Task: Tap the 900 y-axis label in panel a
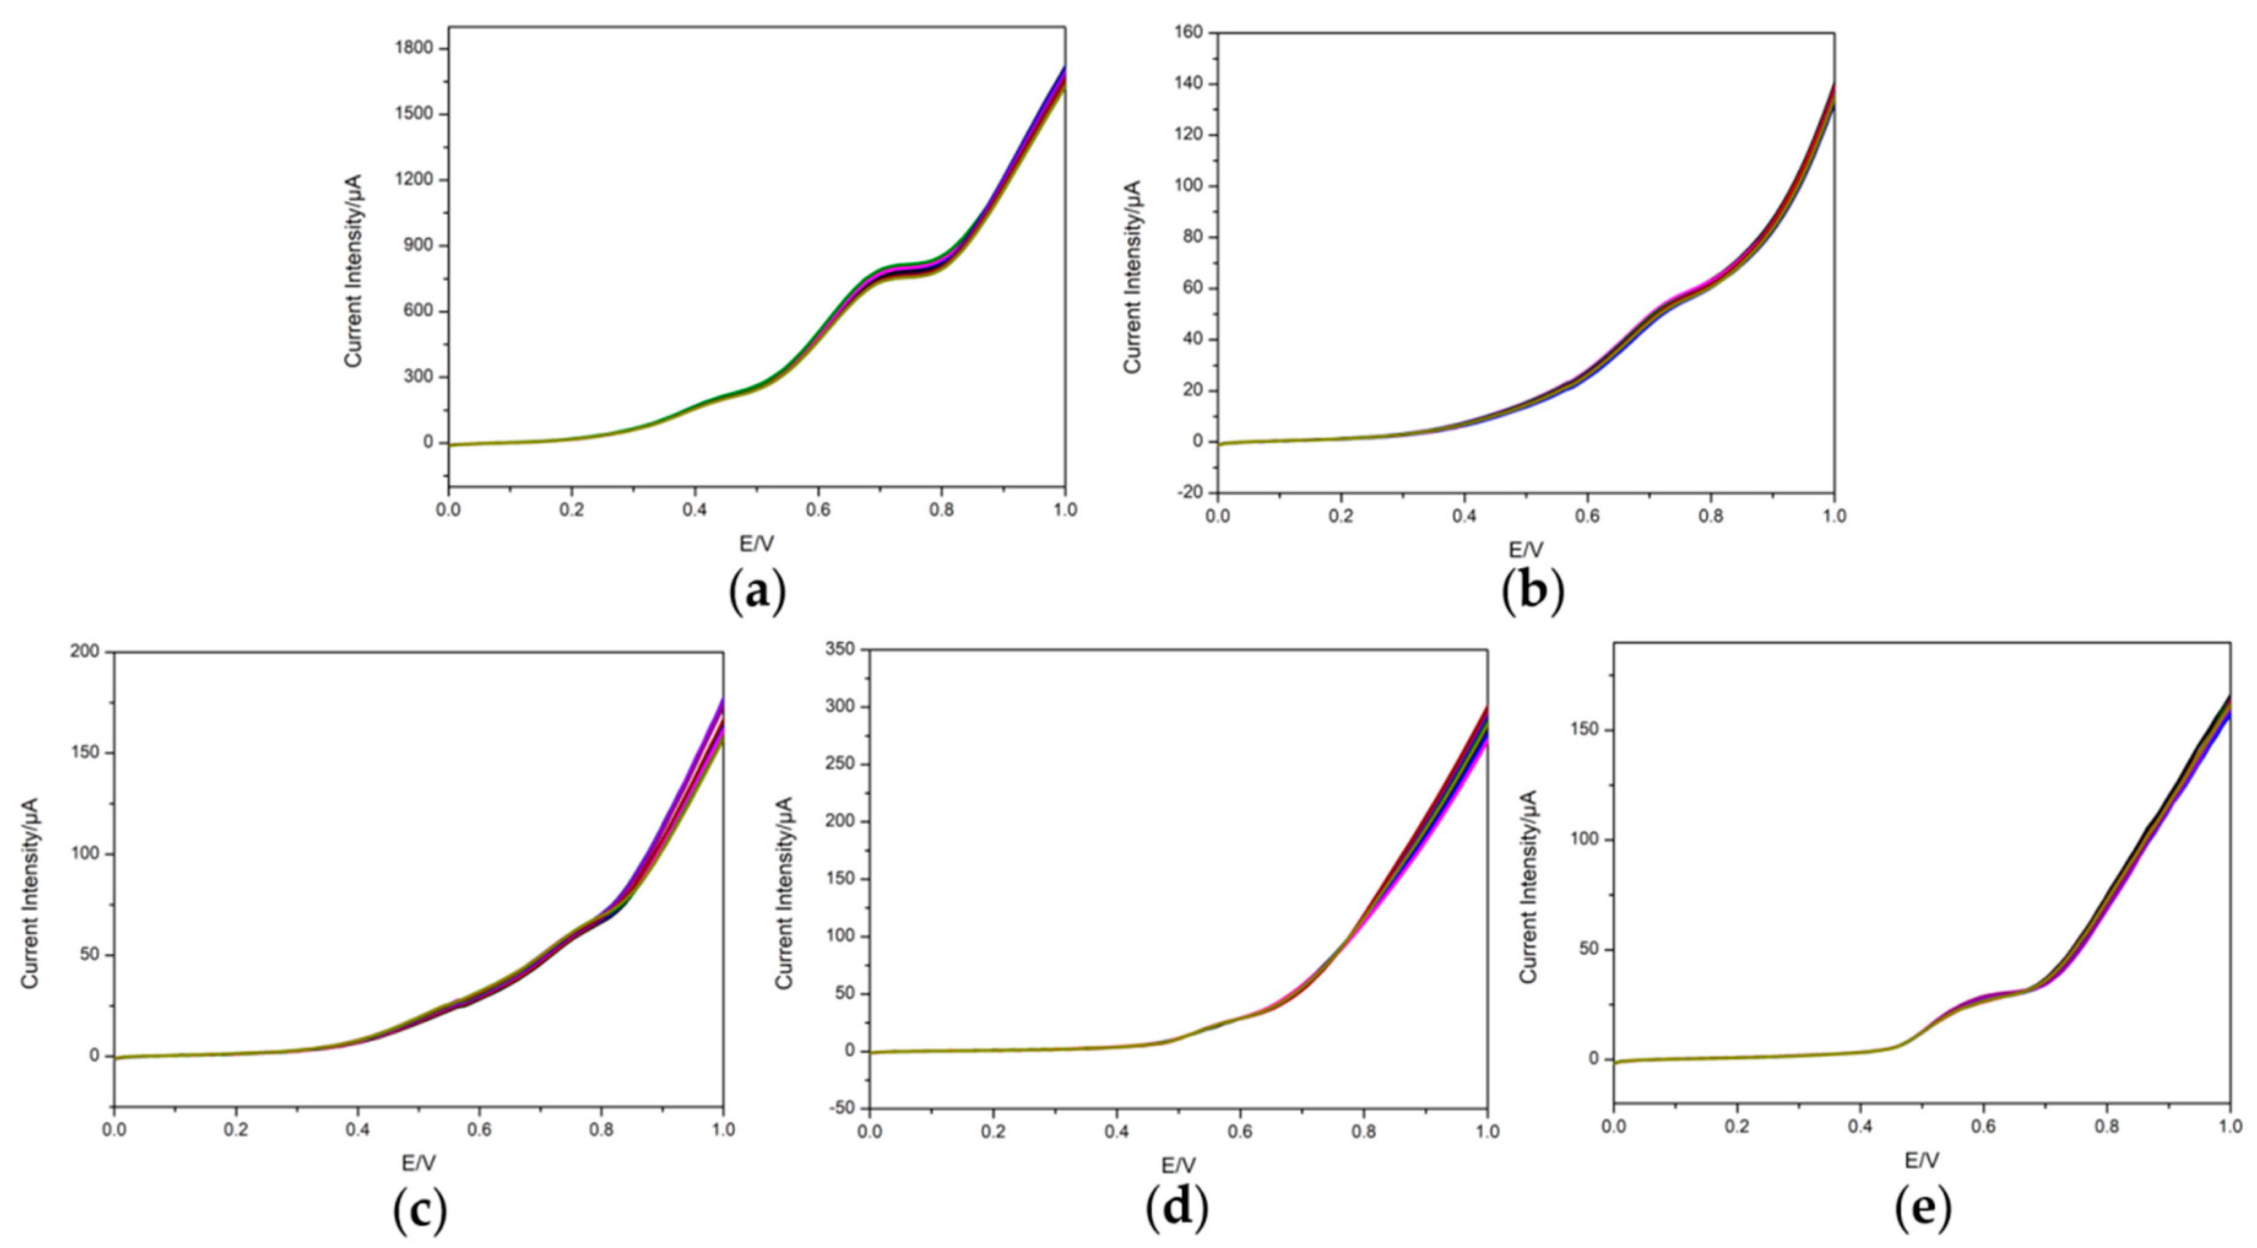(419, 245)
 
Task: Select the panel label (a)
(757, 593)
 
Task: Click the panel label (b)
(1531, 593)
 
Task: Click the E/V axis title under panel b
(1525, 549)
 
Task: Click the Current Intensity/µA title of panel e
(1528, 885)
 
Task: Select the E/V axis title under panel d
(1178, 1166)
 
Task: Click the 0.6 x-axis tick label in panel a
(818, 509)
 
